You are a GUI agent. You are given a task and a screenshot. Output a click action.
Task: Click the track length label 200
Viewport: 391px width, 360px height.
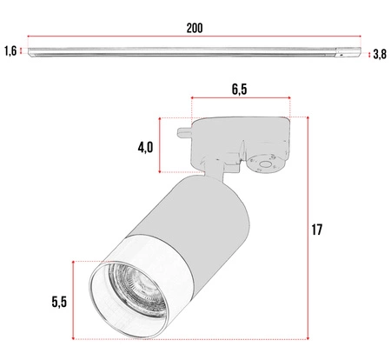pos(194,28)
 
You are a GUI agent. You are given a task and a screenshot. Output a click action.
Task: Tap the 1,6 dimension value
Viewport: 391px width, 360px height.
pos(10,52)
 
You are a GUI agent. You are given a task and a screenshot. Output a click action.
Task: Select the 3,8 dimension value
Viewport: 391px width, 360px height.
pos(379,55)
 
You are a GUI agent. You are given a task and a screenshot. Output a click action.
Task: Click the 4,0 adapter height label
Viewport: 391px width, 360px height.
pos(145,147)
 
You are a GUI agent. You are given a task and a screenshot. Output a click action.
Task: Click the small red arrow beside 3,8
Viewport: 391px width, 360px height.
pos(368,54)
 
